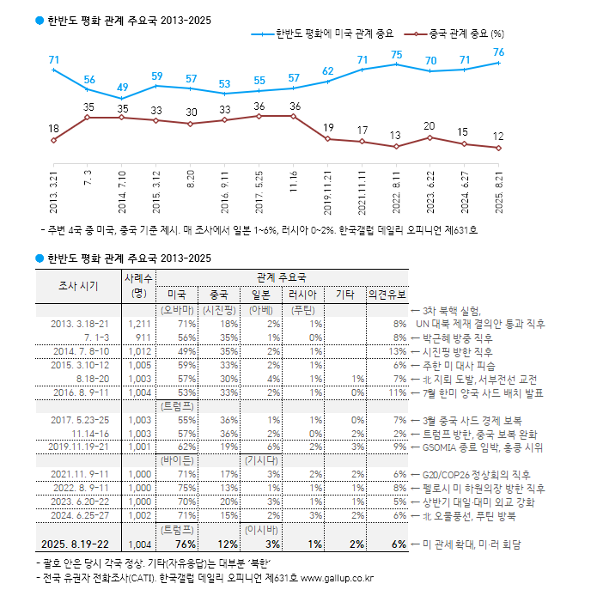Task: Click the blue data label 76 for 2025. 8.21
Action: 498,52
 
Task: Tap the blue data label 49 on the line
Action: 122,88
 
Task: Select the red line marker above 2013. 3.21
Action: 53,140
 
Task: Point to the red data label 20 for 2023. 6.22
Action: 430,126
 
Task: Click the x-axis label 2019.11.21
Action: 328,192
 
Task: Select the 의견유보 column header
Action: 387,294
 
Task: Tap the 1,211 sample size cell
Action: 138,324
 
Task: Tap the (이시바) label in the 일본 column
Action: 262,530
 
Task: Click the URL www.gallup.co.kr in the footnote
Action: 337,578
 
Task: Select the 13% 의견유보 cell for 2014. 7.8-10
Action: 397,351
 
